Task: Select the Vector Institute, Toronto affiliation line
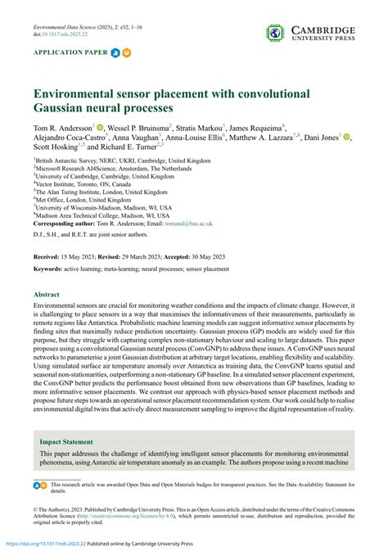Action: [78, 185]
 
